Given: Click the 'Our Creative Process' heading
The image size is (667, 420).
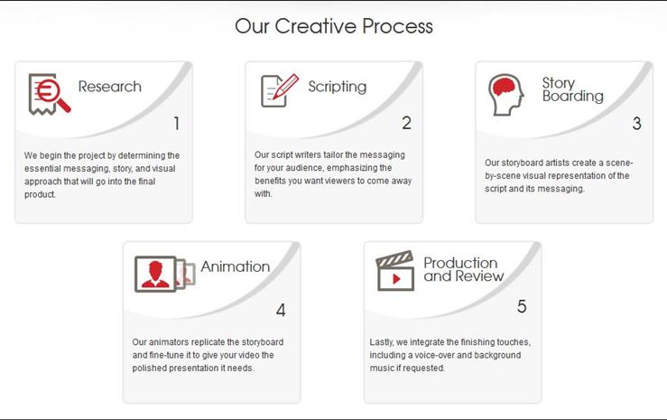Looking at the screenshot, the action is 334,26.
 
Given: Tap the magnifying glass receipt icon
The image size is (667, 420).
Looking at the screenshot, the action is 49,94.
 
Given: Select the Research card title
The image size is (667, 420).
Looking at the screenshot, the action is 110,87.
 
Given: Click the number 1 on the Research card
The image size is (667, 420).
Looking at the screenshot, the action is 177,124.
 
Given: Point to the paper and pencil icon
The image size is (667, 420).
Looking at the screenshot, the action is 280,90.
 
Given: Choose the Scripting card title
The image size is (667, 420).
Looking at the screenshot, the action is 338,87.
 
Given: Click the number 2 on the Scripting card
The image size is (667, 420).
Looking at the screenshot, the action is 407,123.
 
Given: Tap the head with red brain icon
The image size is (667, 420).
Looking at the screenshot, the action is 506,95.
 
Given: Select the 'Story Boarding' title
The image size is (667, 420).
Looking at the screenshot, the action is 572,89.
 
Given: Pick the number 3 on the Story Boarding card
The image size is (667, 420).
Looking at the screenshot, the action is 636,124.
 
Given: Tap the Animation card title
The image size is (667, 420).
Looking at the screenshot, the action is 236,266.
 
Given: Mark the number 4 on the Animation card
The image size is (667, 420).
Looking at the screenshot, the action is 281,310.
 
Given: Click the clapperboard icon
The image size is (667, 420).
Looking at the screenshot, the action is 394,271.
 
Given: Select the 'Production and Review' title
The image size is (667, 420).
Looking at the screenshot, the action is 464,269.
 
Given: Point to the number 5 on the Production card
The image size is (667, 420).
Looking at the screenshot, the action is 522,306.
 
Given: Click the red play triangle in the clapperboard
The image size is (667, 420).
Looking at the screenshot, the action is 396,279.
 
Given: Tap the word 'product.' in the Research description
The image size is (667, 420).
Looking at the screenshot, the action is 40,194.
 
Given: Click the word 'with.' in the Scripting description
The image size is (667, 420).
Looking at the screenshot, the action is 264,193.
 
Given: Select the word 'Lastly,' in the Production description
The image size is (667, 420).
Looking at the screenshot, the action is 382,342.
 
